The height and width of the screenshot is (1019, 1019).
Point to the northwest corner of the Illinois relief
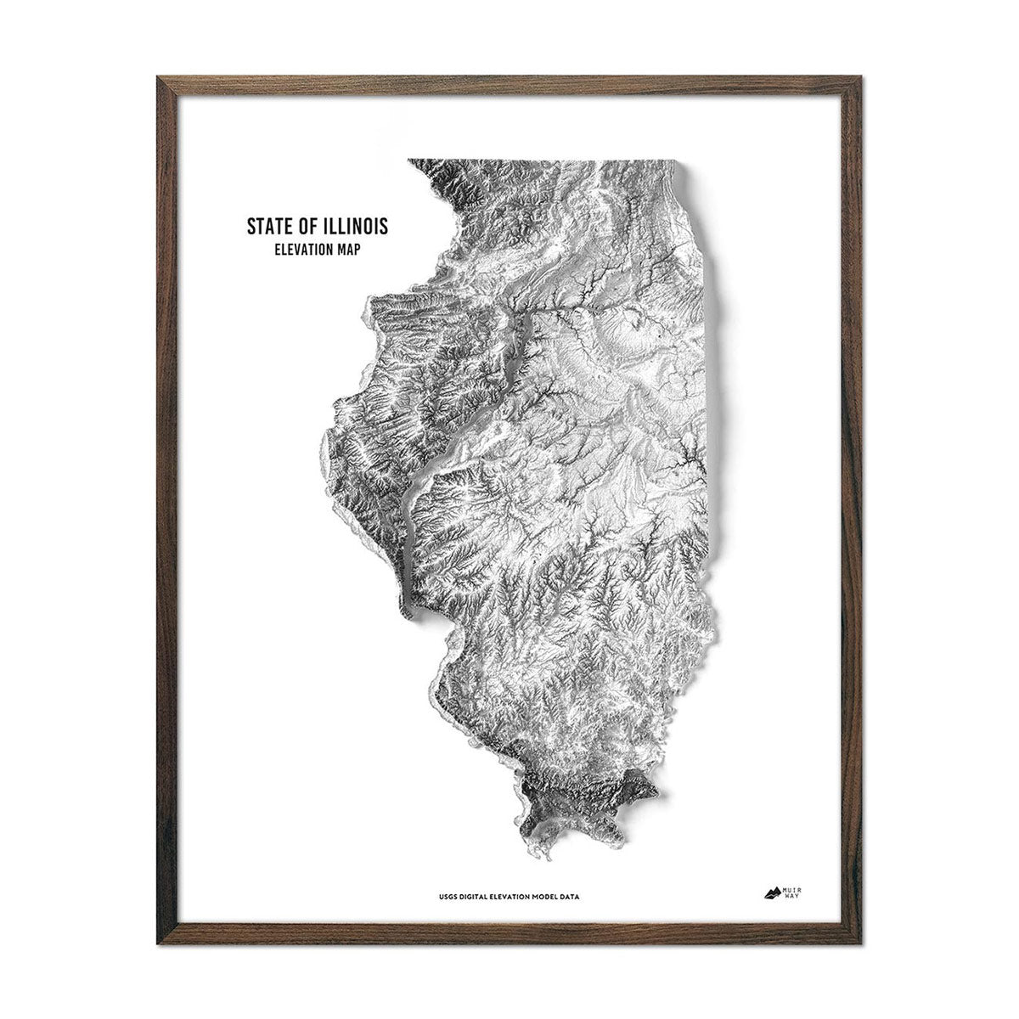[409, 160]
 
